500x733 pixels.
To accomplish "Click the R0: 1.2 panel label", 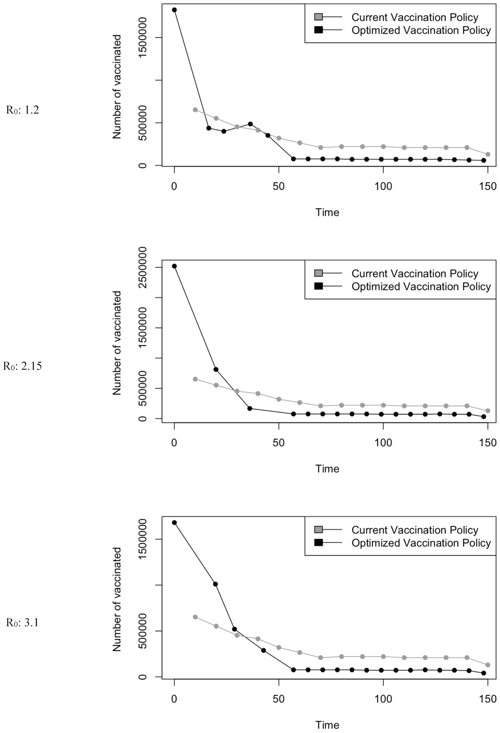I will pyautogui.click(x=22, y=110).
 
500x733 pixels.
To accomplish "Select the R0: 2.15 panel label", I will pyautogui.click(x=22, y=366).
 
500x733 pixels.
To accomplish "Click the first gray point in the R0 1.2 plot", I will pyautogui.click(x=195, y=110).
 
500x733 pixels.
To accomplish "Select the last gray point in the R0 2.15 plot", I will pyautogui.click(x=488, y=411).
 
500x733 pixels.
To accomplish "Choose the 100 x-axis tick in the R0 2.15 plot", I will pyautogui.click(x=383, y=443).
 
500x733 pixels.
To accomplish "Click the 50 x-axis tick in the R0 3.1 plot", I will pyautogui.click(x=279, y=699).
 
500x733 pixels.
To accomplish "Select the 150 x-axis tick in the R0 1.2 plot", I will pyautogui.click(x=488, y=186).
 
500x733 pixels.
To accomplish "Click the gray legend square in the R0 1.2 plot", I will pyautogui.click(x=318, y=17).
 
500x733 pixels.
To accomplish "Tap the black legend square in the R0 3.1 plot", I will pyautogui.click(x=318, y=543).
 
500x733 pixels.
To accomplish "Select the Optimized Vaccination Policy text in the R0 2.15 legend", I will pyautogui.click(x=421, y=287).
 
